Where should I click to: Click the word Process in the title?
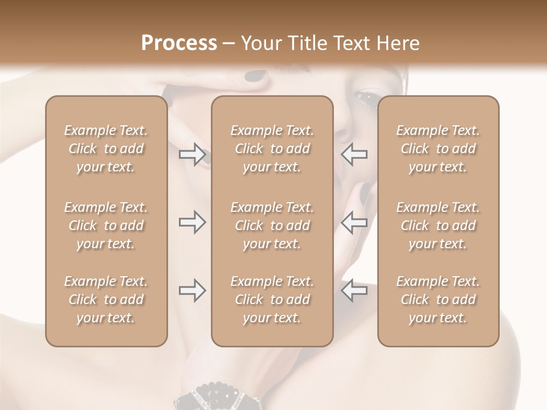[x=179, y=43]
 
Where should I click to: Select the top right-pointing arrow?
[x=193, y=154]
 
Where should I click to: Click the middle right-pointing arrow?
[x=193, y=222]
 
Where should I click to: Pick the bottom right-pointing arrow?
[x=193, y=290]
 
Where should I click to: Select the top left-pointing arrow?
[x=354, y=154]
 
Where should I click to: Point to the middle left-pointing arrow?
[x=354, y=222]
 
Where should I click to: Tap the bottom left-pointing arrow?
[x=354, y=290]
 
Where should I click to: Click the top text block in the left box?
[x=106, y=149]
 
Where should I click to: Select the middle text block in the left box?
[x=106, y=225]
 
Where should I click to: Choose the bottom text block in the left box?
[x=106, y=300]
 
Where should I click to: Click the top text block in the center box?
[x=272, y=149]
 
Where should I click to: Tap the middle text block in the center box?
[x=272, y=225]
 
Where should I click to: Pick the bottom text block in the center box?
[x=272, y=300]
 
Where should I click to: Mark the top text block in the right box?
[x=438, y=149]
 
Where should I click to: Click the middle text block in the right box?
[x=438, y=225]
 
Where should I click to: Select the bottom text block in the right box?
[x=438, y=300]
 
